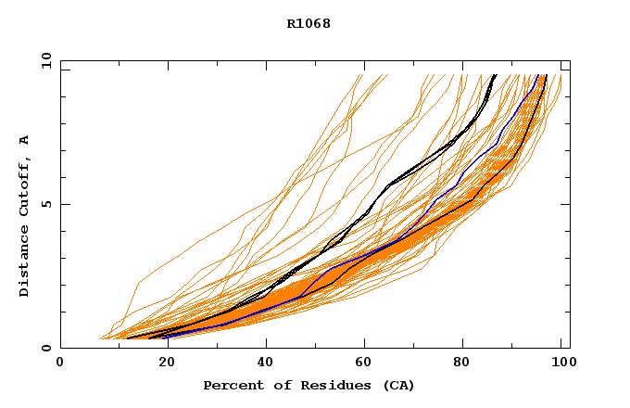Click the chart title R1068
(x=309, y=24)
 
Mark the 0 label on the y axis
(x=45, y=348)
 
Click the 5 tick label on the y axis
(x=45, y=204)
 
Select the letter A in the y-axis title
(x=24, y=140)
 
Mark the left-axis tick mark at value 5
(x=64, y=204)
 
